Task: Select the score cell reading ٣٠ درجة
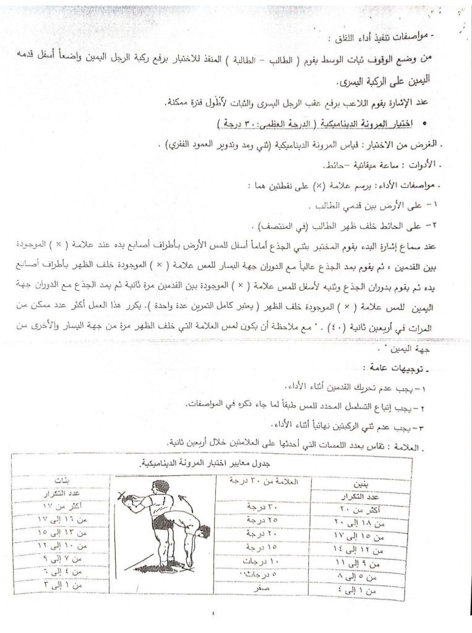pos(254,506)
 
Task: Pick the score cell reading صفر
pos(255,588)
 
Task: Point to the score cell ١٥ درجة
pos(254,547)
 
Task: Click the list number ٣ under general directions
pos(432,426)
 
